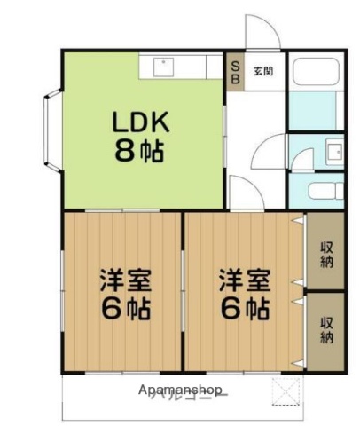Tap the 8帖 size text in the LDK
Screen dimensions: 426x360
tap(137, 151)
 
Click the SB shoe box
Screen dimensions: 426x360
tap(235, 71)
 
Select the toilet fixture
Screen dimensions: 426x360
tap(323, 189)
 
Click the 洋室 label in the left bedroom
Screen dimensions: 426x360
tap(124, 282)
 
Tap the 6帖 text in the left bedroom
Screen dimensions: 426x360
tap(124, 311)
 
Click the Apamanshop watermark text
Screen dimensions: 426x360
tap(180, 390)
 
